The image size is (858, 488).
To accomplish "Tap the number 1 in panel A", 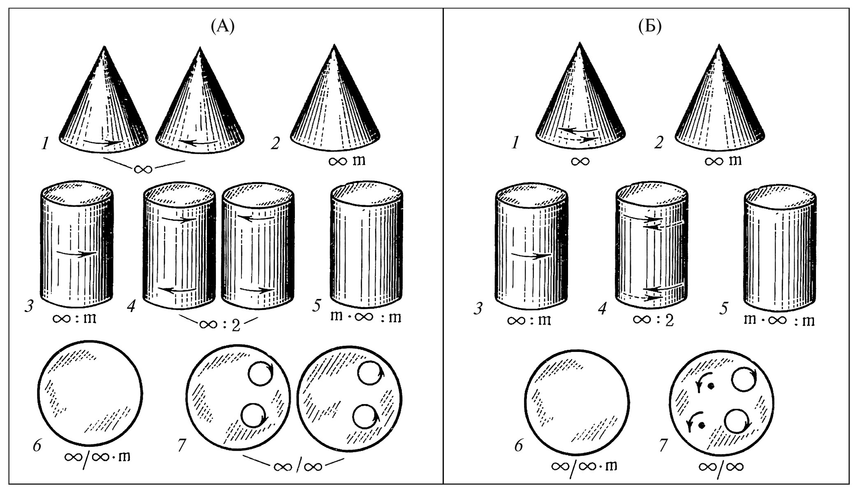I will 45,143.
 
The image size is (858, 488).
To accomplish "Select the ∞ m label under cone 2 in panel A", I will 347,160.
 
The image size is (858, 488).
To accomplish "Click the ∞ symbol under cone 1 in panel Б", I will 580,161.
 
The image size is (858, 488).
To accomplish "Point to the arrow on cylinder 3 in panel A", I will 76,253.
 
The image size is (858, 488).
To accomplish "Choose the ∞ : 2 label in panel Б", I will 653,319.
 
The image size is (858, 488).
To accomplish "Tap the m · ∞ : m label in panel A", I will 366,317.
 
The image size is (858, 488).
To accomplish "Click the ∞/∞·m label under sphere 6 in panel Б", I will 584,467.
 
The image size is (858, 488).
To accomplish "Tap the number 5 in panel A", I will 316,306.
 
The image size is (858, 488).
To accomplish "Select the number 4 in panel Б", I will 602,308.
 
